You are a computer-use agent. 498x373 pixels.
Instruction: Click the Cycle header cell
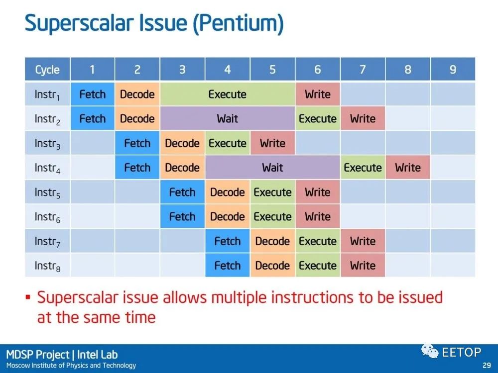(47, 69)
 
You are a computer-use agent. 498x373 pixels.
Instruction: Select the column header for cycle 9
(453, 69)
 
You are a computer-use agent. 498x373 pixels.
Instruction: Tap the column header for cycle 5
(272, 69)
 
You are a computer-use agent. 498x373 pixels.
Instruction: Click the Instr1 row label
(47, 94)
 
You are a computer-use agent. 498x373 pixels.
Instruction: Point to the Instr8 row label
(47, 266)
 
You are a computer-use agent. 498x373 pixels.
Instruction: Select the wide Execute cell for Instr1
(228, 94)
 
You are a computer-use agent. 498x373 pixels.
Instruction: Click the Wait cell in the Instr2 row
(228, 119)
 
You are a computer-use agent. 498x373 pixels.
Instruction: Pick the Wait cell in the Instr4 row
(272, 168)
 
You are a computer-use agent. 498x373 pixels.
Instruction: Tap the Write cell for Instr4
(408, 168)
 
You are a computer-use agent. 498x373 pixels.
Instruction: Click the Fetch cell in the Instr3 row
(137, 143)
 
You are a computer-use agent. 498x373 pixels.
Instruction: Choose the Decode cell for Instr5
(228, 192)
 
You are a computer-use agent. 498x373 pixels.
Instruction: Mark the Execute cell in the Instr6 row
(272, 217)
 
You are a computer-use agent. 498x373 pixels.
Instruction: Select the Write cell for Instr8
(363, 266)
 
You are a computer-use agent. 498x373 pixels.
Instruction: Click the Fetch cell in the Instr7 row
(228, 241)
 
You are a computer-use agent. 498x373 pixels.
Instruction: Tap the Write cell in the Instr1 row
(318, 94)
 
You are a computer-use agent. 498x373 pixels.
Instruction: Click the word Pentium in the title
(239, 23)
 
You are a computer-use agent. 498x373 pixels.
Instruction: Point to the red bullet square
(28, 297)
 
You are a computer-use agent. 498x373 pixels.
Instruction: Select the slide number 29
(487, 365)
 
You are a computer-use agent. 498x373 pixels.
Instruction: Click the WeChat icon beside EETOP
(430, 351)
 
